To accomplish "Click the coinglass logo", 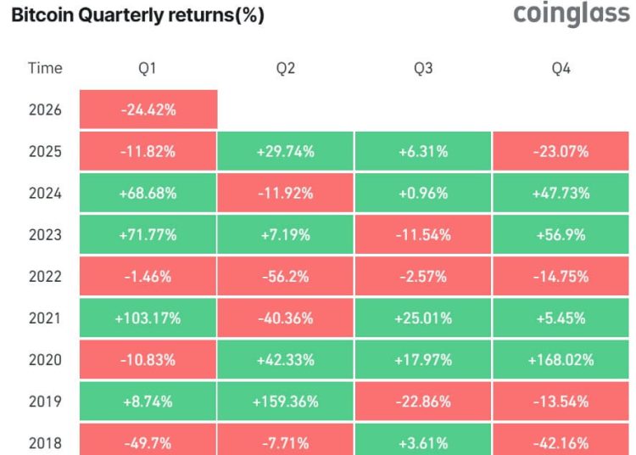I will tap(572, 15).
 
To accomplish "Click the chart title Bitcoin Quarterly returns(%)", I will tap(137, 16).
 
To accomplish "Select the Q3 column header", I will tap(422, 69).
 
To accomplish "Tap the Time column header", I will tap(44, 69).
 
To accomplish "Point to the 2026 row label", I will tap(44, 110).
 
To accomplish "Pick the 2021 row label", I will tap(44, 318).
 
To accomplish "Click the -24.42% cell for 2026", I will tap(148, 110).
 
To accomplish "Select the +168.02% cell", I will tap(561, 360).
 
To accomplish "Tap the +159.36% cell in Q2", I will tap(285, 402).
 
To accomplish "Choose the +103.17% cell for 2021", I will tap(148, 318).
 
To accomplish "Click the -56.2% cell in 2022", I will tap(285, 277).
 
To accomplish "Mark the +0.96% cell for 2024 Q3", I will tap(422, 194).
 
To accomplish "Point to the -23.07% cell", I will tap(561, 152).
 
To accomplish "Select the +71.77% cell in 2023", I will tap(148, 235).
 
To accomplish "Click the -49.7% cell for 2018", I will tap(148, 442).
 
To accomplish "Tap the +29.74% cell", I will tap(285, 152).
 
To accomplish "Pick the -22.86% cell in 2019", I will tap(422, 402).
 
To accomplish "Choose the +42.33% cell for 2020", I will tap(285, 360).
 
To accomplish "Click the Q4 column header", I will tap(561, 69).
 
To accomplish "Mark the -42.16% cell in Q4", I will tap(561, 442).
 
